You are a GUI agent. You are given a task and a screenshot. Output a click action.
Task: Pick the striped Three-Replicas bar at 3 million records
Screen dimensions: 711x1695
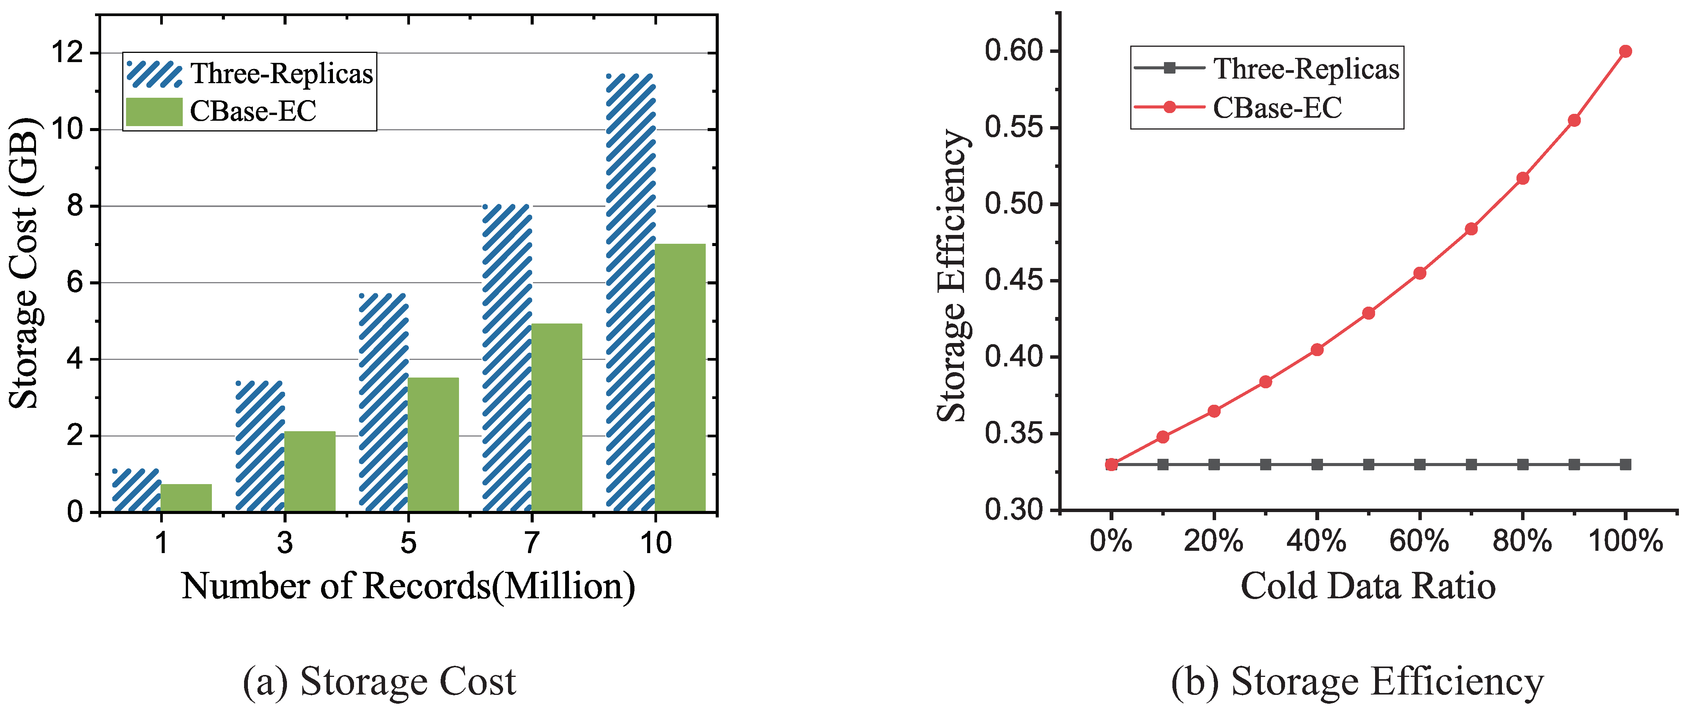tap(260, 447)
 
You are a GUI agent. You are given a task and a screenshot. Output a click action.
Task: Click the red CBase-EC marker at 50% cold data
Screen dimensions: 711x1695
tap(1368, 313)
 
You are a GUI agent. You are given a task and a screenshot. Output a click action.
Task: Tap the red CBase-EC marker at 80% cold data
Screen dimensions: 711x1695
tap(1522, 178)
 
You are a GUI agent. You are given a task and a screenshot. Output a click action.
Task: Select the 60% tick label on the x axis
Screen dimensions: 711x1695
tap(1419, 541)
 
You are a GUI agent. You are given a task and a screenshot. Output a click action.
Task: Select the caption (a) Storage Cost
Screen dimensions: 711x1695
tap(379, 681)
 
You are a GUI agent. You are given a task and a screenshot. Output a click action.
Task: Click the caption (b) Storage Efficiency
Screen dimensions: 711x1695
tap(1357, 681)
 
